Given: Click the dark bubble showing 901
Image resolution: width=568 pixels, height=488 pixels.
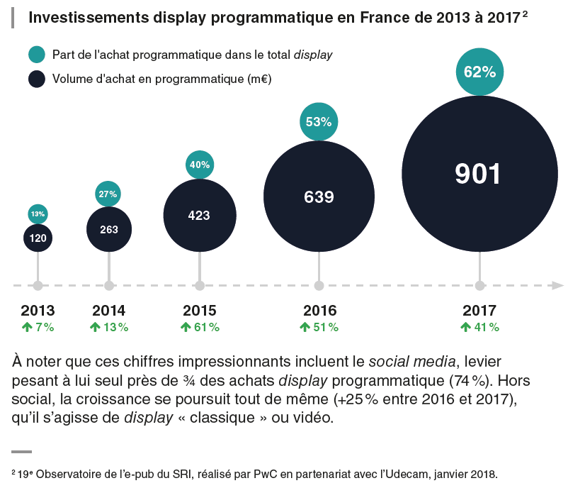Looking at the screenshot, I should [x=479, y=174].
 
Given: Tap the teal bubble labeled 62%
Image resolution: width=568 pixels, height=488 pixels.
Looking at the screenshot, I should [x=479, y=72].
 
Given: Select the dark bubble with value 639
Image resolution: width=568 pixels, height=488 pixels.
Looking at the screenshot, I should [x=319, y=196].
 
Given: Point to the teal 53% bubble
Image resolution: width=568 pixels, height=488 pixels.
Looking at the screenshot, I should [x=319, y=121].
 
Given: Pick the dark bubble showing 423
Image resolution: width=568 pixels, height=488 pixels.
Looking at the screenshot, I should [x=199, y=215].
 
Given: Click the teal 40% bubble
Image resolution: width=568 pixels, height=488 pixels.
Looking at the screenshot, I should [x=199, y=165].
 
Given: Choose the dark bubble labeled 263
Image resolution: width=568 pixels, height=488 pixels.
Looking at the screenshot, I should [x=108, y=229].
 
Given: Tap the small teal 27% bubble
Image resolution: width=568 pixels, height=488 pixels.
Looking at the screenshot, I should [x=108, y=194].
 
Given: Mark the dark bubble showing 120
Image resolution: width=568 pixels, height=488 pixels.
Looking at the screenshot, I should [x=38, y=238].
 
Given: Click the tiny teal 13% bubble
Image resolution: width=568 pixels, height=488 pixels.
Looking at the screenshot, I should [x=38, y=213].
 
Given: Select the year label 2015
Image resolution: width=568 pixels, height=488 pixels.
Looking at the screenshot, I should [x=199, y=311].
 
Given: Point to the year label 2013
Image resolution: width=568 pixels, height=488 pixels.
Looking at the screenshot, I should [x=38, y=311].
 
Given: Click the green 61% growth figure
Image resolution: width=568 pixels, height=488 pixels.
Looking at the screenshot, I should [x=205, y=327].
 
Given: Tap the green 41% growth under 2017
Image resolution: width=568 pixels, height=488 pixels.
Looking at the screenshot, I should [x=486, y=327].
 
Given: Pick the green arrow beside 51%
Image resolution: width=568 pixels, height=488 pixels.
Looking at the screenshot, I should [x=305, y=327].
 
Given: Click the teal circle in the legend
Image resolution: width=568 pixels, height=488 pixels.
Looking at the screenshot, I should [x=37, y=55].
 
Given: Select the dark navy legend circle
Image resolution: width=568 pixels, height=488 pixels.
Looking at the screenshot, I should [x=37, y=78].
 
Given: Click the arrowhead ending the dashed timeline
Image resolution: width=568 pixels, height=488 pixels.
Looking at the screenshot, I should [x=558, y=285].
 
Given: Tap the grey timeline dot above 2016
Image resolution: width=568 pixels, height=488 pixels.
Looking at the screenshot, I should [x=319, y=285].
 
